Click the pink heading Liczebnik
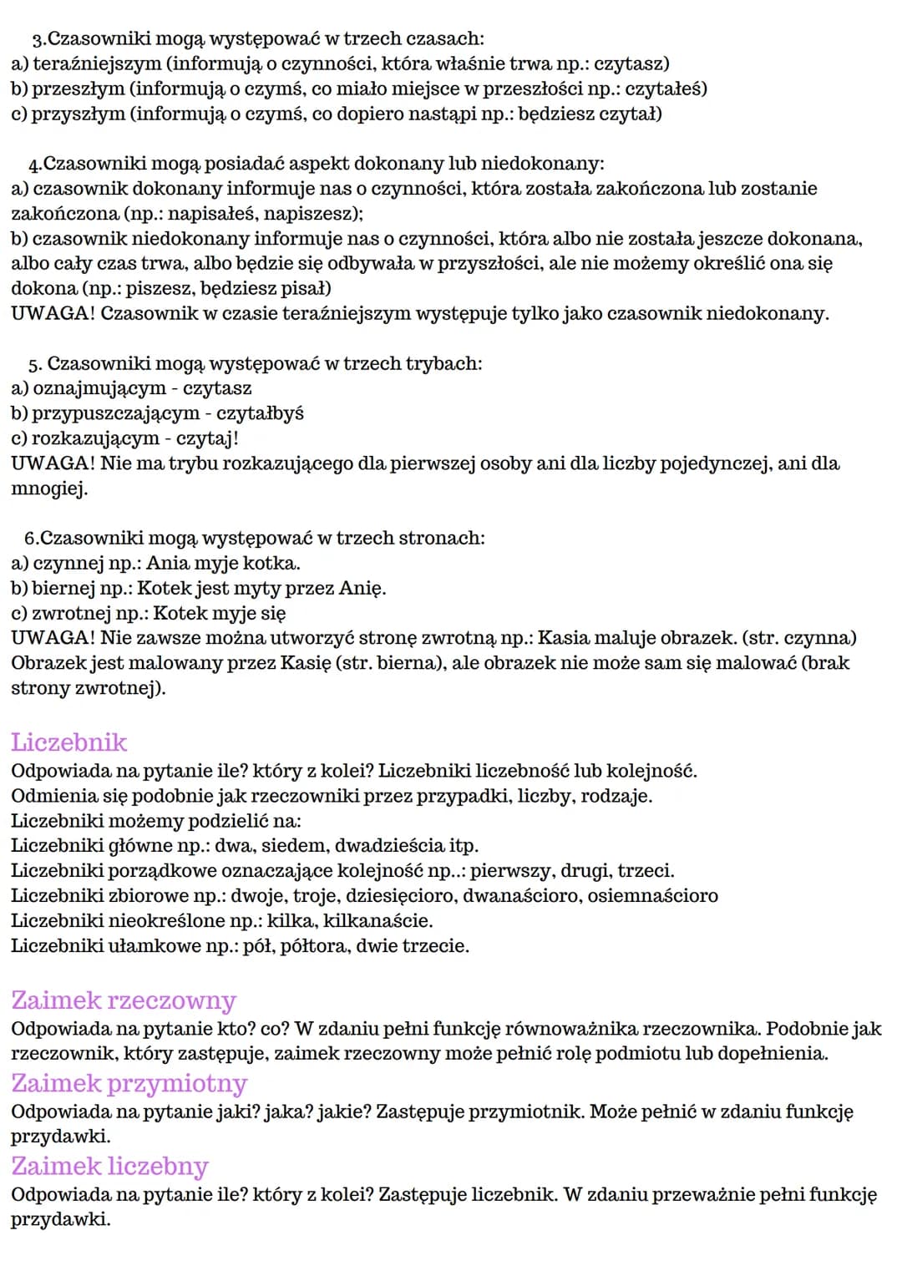(x=68, y=742)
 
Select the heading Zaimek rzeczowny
(x=124, y=1000)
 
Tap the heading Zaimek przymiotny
(x=129, y=1083)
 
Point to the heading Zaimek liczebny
(x=109, y=1166)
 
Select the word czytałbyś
(x=260, y=413)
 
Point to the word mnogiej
(x=48, y=489)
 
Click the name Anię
(x=362, y=588)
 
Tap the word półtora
(x=316, y=946)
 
